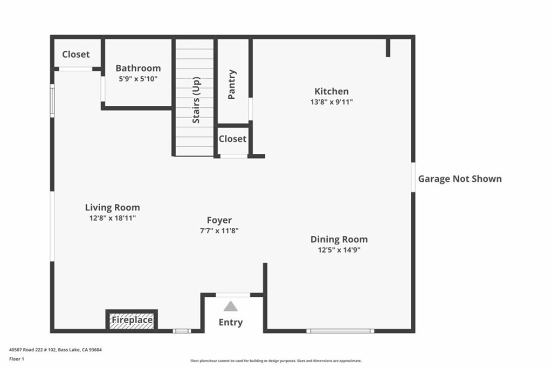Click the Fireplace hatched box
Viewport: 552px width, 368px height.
[132, 321]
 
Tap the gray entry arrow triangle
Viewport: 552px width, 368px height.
[231, 306]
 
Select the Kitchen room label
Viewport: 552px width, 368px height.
[332, 91]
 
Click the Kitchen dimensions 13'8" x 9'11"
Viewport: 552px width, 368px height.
[332, 102]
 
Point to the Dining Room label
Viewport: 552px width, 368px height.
[339, 239]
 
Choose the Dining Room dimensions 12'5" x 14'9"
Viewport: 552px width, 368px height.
[339, 250]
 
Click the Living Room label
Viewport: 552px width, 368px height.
[112, 207]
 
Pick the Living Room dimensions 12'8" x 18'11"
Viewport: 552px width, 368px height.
[112, 218]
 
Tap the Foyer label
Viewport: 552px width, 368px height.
[219, 220]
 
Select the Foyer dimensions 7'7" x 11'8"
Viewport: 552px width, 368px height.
[219, 230]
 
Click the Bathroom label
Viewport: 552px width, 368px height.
[138, 68]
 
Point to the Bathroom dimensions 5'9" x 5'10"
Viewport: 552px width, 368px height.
[138, 79]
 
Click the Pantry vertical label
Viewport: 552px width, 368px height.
[232, 84]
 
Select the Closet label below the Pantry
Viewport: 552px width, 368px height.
[232, 139]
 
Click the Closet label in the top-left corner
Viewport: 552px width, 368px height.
[76, 54]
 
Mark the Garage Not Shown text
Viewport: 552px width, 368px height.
[460, 179]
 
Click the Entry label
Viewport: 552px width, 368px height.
[231, 323]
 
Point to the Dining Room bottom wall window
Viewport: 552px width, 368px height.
[340, 331]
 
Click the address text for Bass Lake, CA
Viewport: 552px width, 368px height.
[56, 350]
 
